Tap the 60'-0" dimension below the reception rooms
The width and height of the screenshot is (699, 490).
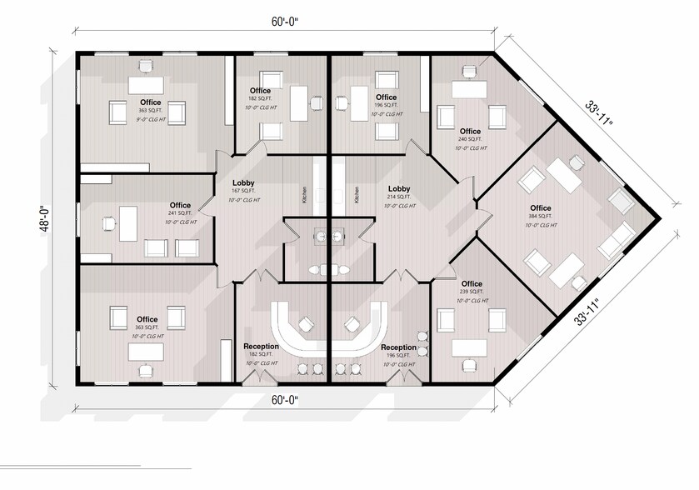(283, 400)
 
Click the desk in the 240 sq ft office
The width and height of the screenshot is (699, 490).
(469, 90)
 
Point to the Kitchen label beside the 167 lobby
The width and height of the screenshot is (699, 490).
(305, 195)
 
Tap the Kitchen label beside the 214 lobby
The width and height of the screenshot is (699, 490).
(357, 195)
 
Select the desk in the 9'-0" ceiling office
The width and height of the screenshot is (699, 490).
(145, 85)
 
